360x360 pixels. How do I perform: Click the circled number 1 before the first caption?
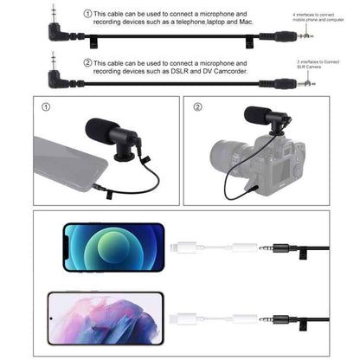tap(87, 14)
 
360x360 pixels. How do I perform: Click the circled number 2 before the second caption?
tap(87, 62)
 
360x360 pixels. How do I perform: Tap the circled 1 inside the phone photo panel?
tap(46, 110)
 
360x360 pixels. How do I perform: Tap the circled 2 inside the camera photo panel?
tap(198, 110)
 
